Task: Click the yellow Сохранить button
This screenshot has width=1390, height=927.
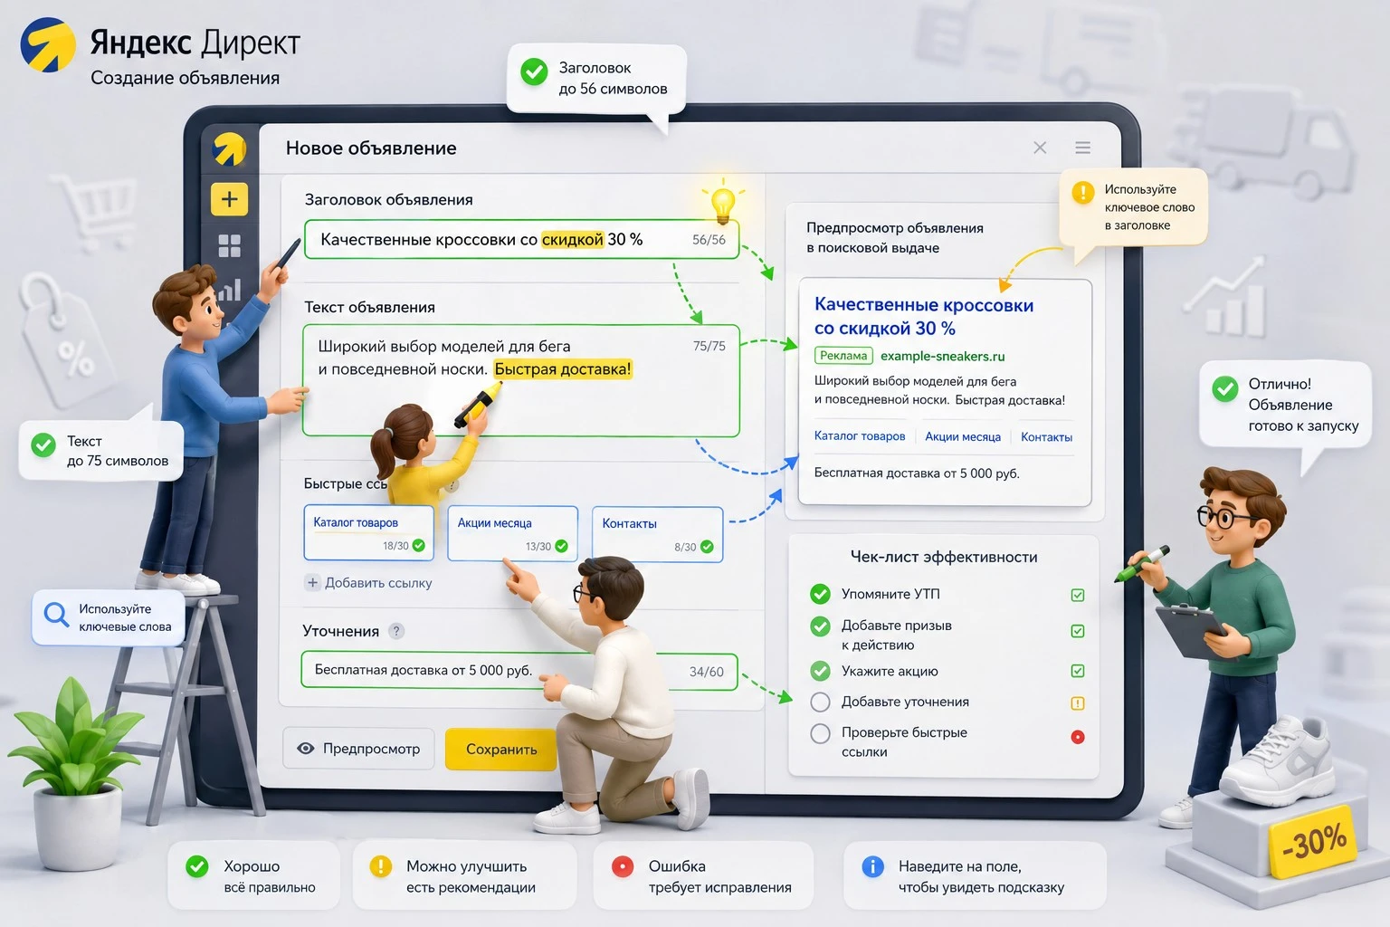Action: click(x=500, y=749)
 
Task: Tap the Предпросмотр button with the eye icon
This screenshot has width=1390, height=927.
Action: click(x=358, y=749)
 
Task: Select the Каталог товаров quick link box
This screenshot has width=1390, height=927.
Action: click(x=368, y=532)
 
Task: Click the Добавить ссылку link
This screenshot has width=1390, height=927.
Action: click(x=369, y=582)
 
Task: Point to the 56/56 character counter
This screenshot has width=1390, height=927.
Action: click(x=709, y=240)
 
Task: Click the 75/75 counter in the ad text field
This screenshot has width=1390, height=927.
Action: click(x=709, y=346)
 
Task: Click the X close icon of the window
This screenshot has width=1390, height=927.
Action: click(x=1040, y=148)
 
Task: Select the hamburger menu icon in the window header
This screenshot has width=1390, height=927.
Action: click(x=1083, y=148)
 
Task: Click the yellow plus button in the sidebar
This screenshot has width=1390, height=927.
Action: click(x=229, y=199)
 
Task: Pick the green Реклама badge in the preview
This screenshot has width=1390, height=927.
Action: click(x=843, y=356)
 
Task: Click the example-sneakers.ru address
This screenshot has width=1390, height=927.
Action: click(x=943, y=357)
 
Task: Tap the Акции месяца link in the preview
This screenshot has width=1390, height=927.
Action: click(x=963, y=437)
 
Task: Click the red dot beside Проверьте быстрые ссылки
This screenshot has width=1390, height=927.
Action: click(x=1078, y=737)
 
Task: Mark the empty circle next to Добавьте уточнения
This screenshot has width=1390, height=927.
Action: click(x=820, y=702)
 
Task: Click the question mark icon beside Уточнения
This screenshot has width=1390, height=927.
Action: click(x=395, y=631)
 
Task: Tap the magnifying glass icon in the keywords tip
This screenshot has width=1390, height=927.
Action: click(x=56, y=615)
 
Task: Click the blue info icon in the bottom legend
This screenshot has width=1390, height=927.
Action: click(x=872, y=866)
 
